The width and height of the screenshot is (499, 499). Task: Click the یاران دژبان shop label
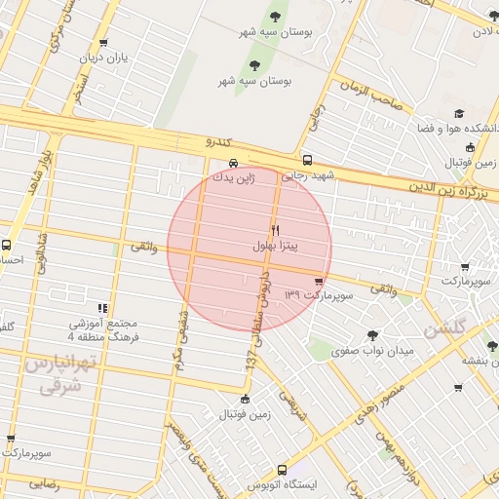(x=104, y=58)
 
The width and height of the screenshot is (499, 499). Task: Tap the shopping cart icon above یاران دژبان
(x=104, y=43)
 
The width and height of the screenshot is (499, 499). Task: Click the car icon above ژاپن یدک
(x=233, y=163)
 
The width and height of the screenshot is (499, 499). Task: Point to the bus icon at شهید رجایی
(x=307, y=160)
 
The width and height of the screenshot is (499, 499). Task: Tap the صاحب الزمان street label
(x=372, y=93)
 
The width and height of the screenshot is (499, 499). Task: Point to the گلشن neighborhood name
(x=446, y=328)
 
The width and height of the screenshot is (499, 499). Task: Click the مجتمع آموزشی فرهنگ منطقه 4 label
(x=103, y=329)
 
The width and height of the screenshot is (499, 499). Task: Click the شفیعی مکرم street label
(x=179, y=331)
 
